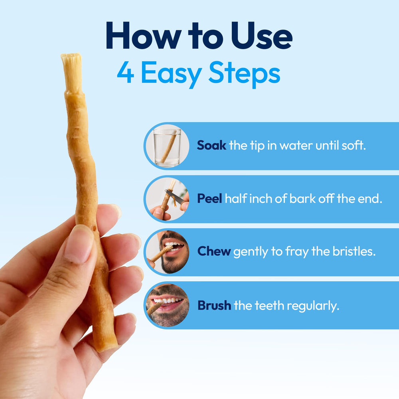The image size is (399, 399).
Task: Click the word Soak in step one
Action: point(211,145)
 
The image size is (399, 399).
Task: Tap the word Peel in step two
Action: point(210,198)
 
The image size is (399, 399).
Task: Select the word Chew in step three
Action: point(214,251)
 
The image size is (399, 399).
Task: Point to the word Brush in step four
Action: point(214,305)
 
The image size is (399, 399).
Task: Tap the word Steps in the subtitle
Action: point(244,74)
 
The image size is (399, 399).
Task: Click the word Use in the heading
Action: point(262,36)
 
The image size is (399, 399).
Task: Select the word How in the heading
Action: point(144,36)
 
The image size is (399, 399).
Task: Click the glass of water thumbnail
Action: point(167,146)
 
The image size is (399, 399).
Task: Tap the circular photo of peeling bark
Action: point(167,199)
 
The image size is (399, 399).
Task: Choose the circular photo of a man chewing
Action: point(167,252)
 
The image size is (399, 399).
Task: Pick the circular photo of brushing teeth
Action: point(167,305)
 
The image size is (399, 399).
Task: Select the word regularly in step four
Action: point(313,306)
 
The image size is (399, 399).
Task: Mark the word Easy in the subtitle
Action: point(172,74)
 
